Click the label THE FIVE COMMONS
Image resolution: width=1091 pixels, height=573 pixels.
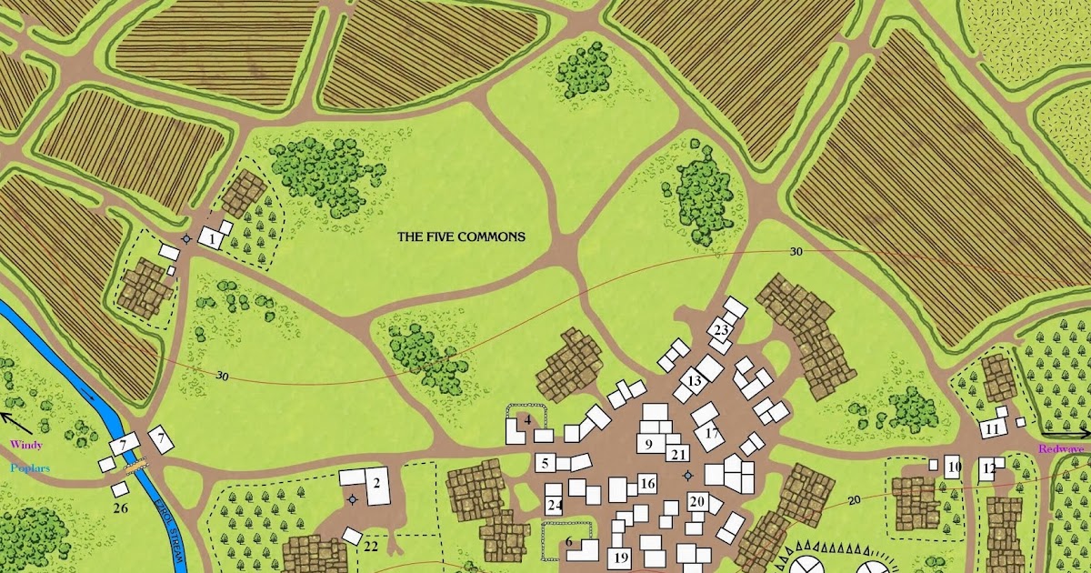point(461,236)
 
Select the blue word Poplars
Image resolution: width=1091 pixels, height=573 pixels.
point(30,467)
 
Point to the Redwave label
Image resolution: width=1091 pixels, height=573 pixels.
point(1062,449)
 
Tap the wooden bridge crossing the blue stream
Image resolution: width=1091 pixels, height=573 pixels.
point(135,464)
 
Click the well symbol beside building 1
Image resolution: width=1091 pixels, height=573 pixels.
point(187,239)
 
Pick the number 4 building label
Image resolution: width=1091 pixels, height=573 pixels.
point(527,419)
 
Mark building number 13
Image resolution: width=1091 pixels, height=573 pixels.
point(695,381)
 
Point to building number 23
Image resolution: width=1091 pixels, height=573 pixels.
point(722,329)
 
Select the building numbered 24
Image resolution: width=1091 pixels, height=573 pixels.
point(554,506)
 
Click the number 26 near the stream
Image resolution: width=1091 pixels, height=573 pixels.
point(121,508)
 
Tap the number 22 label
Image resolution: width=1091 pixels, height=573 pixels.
point(371,546)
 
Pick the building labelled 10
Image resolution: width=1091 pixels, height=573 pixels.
point(953,468)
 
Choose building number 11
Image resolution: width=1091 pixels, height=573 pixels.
point(992,428)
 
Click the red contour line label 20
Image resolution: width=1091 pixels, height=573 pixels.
point(854,500)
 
